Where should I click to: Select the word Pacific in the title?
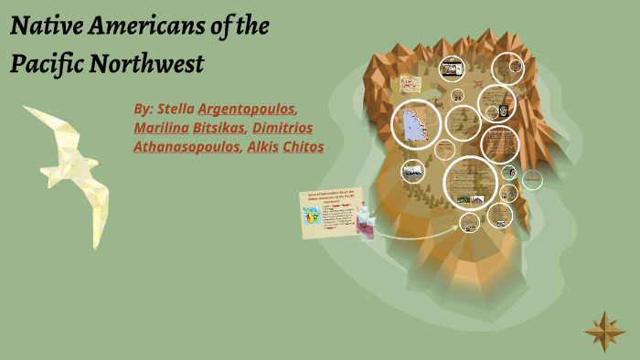click(45, 65)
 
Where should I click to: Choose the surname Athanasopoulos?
click(187, 146)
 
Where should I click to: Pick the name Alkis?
click(263, 146)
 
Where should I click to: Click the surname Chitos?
click(304, 146)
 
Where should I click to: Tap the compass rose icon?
click(604, 331)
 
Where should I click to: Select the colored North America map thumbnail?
click(312, 219)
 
